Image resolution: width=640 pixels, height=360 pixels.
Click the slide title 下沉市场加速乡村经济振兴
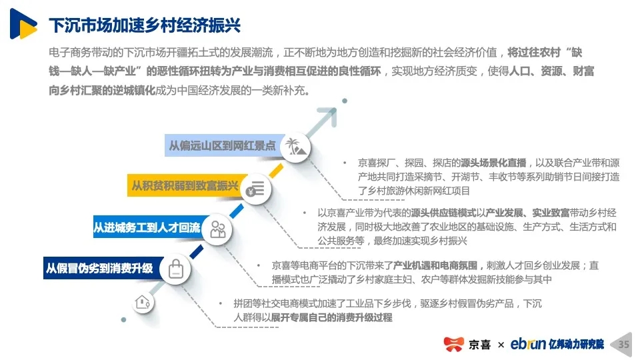[x=145, y=25]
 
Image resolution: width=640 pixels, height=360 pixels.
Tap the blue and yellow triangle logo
[x=23, y=24]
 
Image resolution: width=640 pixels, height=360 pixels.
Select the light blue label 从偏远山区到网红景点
[x=224, y=145]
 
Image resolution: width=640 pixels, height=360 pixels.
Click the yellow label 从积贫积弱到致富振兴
[x=187, y=185]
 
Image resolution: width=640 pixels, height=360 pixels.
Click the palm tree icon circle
[x=295, y=147]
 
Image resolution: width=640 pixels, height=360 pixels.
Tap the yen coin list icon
[x=256, y=189]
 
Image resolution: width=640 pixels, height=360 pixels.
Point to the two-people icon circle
[x=217, y=230]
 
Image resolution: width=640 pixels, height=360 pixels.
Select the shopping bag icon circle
[x=175, y=269]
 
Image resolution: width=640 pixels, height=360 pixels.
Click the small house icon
[x=143, y=303]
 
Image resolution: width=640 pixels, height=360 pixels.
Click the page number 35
[x=624, y=345]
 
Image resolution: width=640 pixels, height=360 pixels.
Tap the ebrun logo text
[x=528, y=344]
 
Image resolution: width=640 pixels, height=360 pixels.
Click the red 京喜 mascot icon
[x=454, y=344]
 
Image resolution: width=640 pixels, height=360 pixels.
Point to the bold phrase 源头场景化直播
[x=493, y=163]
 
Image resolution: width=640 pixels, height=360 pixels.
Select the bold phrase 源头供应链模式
[x=443, y=213]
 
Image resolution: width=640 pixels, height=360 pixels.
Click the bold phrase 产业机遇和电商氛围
[x=435, y=266]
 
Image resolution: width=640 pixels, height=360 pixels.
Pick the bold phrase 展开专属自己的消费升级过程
[x=331, y=317]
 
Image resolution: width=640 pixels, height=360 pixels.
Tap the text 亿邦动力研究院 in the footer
[x=576, y=344]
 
